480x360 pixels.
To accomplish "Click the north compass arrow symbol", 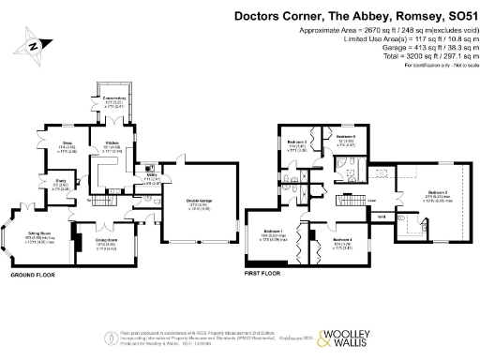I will click(x=35, y=44).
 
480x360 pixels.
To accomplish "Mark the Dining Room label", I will click(x=97, y=241).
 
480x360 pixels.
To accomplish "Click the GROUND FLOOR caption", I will click(x=31, y=277).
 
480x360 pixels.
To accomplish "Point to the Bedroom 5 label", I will click(x=345, y=137).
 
